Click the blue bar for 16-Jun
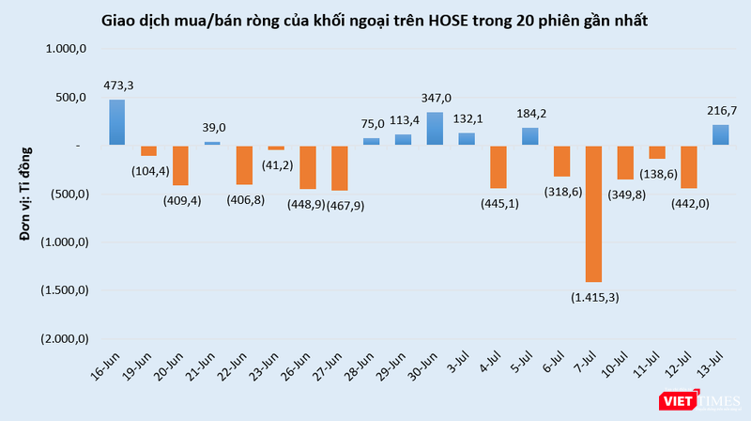[x=117, y=122]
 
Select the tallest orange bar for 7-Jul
[x=593, y=213]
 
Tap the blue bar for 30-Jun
[x=435, y=129]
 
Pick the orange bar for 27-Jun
[x=339, y=168]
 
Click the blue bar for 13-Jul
[x=720, y=135]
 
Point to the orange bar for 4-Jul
[x=498, y=167]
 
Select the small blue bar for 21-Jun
[x=212, y=143]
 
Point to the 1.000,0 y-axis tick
[x=67, y=49]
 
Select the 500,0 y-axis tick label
[x=72, y=98]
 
